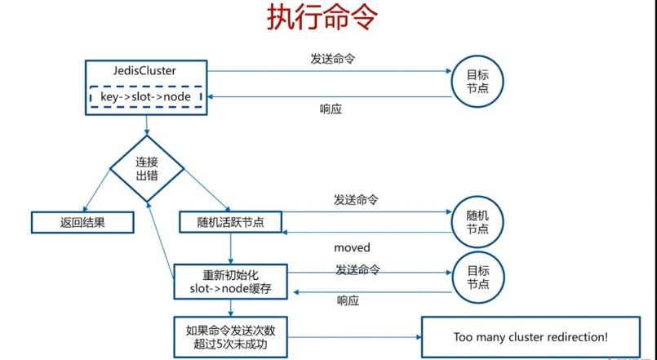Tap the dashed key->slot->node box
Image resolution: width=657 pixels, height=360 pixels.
[145, 97]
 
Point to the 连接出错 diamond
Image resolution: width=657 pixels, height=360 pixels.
[147, 168]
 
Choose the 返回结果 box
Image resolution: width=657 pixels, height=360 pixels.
[82, 221]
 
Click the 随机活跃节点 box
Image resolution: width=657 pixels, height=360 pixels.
[231, 221]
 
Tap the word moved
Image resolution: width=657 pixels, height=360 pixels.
[352, 247]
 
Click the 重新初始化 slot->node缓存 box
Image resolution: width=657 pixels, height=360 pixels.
[230, 280]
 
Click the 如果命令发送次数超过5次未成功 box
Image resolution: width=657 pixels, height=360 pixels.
[231, 336]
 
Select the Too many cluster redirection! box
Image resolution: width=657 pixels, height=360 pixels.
[530, 336]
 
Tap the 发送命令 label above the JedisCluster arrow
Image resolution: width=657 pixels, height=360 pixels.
[333, 59]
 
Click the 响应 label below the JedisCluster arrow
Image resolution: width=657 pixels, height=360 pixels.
[331, 110]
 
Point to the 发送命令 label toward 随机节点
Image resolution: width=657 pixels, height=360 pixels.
[356, 200]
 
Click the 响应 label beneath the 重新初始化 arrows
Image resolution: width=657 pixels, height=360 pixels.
[348, 301]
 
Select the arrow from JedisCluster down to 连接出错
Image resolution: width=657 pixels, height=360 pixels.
[147, 125]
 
